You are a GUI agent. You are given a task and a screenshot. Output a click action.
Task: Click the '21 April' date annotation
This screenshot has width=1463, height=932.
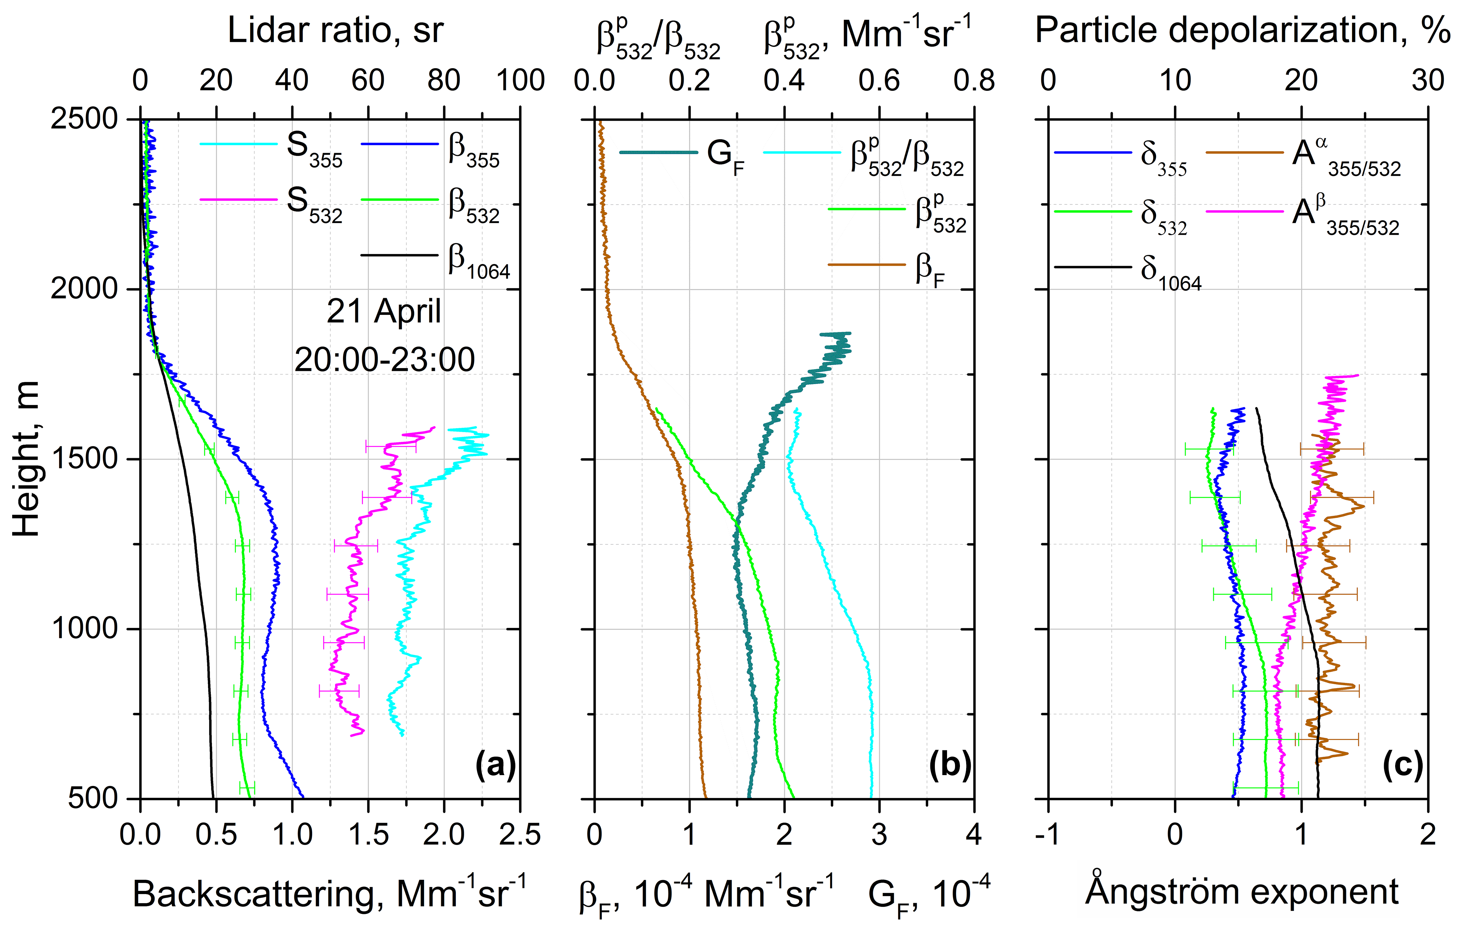pos(384,312)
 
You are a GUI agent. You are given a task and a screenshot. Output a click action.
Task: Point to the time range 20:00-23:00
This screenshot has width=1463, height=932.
pos(384,360)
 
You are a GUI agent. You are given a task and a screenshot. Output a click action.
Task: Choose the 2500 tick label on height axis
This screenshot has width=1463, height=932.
pos(84,119)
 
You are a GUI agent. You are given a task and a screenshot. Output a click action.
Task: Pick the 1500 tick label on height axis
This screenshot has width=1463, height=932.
pos(84,459)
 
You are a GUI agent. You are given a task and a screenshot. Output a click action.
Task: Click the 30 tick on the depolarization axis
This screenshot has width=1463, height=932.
pos(1427,81)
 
